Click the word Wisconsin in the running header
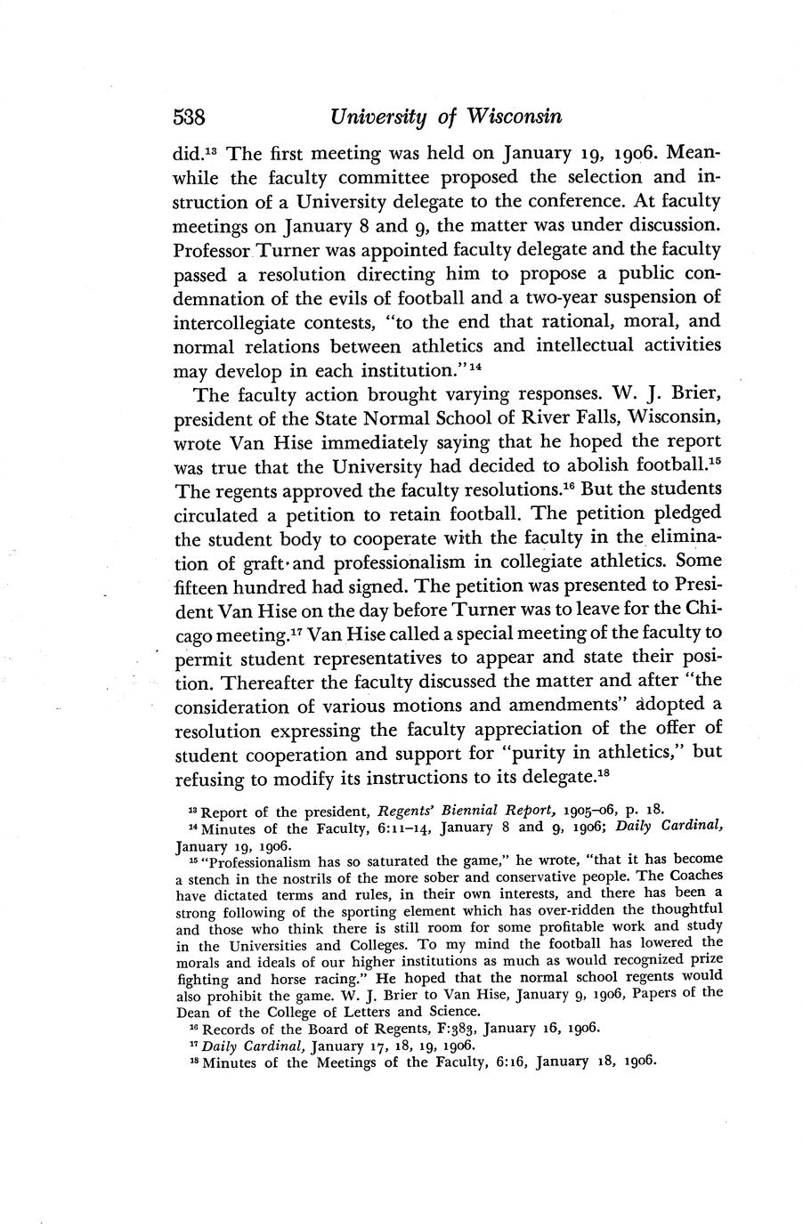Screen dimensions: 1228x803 point(508,117)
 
